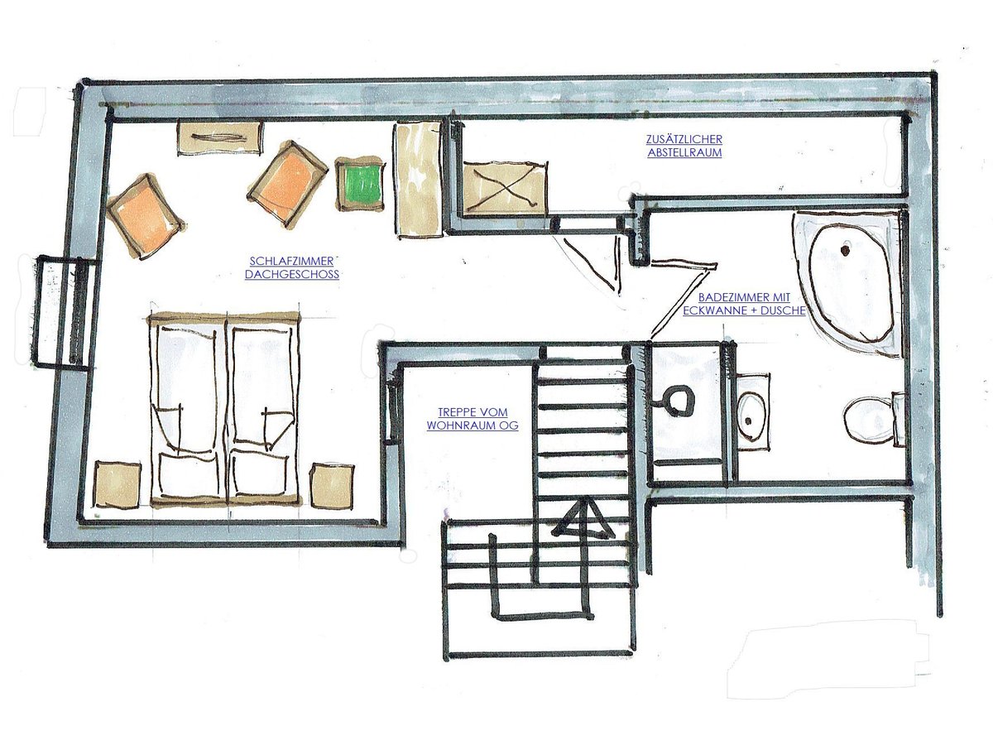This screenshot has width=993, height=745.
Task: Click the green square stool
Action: (x=360, y=184)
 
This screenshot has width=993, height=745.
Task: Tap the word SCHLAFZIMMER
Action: (x=292, y=261)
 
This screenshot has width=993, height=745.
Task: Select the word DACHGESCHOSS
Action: (x=292, y=275)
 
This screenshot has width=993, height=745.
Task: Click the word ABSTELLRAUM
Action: (x=684, y=152)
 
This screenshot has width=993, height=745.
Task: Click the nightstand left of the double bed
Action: (x=118, y=485)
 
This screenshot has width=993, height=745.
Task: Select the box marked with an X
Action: (x=502, y=188)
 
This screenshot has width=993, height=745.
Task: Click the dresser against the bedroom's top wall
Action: (x=220, y=137)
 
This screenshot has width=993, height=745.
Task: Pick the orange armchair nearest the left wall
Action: (x=146, y=215)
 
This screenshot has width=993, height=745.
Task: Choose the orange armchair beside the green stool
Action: (x=288, y=182)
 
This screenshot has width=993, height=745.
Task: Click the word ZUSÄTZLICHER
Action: (x=684, y=139)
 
